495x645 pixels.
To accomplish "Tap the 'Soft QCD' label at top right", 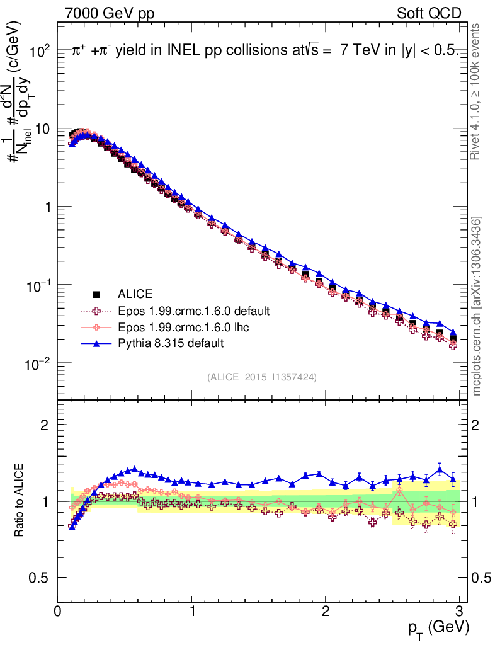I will [429, 13].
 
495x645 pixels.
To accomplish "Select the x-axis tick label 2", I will [326, 610].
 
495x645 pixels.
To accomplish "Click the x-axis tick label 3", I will [460, 610].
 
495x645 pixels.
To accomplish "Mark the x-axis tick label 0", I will [58, 610].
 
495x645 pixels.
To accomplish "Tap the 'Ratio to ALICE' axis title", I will [19, 500].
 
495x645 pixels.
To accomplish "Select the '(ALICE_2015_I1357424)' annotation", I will [261, 377].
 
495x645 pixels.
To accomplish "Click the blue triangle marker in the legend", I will [96, 343].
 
